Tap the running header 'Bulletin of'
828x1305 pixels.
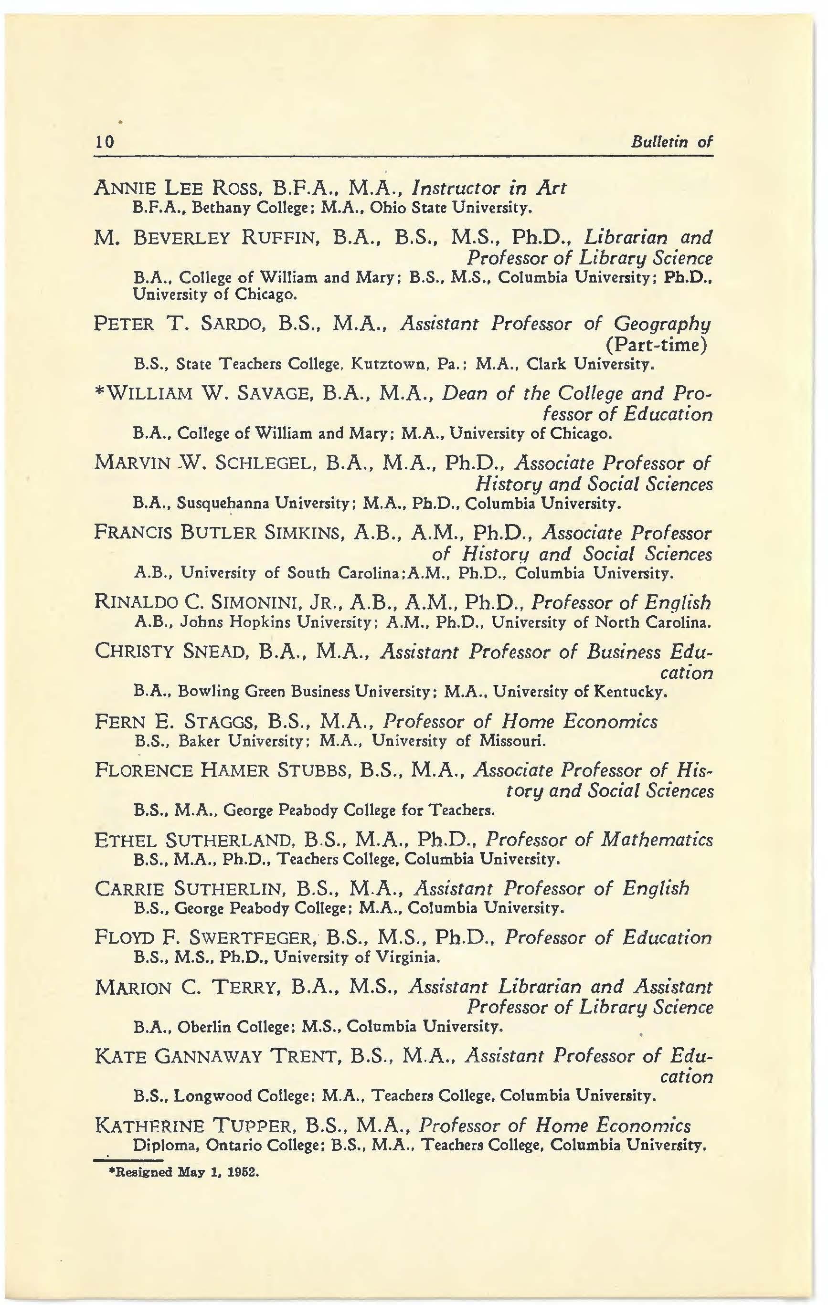[x=671, y=142]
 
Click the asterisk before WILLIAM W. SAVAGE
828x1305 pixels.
[x=99, y=393]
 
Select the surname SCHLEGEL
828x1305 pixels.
[x=263, y=463]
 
